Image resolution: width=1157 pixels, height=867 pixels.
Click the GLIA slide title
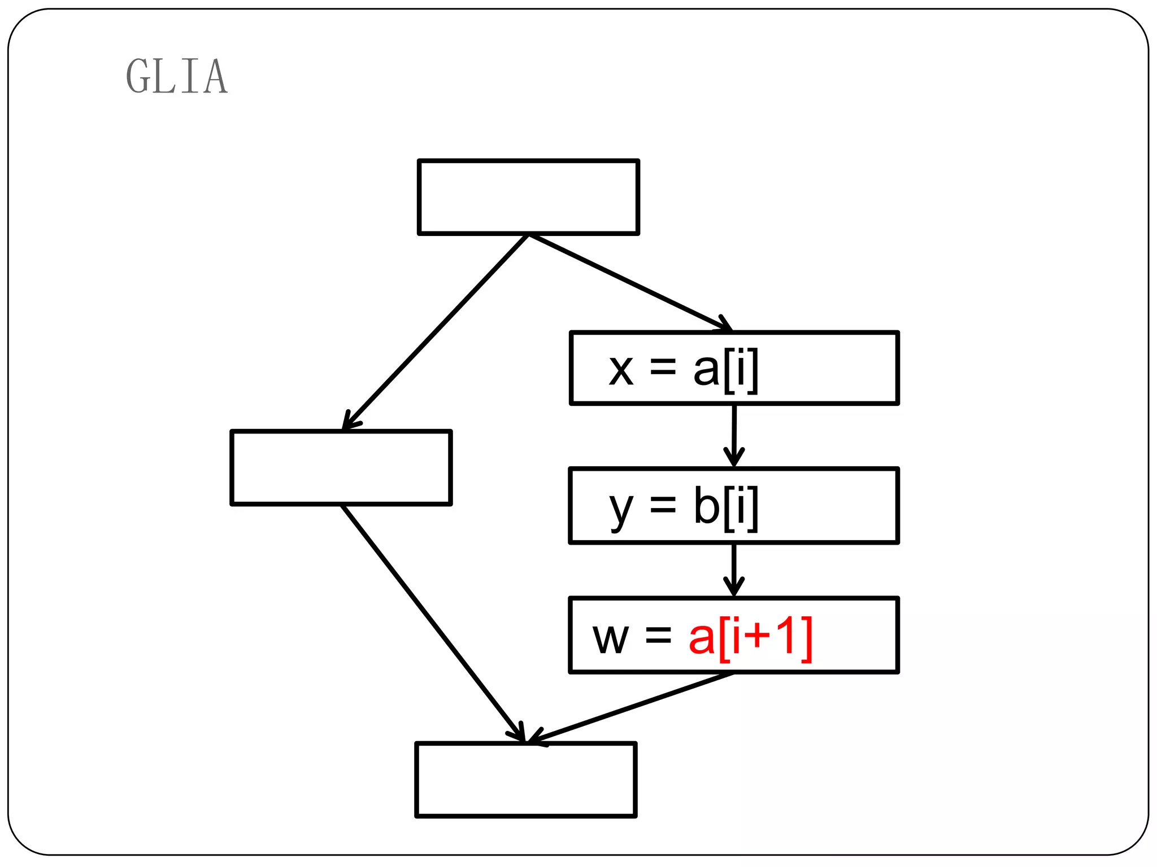177,76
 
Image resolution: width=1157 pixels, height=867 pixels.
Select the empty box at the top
528,196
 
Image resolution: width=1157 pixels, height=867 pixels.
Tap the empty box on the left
341,467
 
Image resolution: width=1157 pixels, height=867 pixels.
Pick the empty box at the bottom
526,780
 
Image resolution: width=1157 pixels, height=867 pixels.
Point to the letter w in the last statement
610,638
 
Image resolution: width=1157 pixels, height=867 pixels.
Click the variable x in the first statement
621,370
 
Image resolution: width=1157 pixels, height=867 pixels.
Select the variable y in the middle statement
621,507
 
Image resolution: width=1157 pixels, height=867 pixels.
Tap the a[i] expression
725,369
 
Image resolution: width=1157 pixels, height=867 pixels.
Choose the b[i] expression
725,506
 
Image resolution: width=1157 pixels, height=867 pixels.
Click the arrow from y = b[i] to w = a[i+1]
734,570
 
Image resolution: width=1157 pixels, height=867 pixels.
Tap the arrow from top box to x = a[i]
630,282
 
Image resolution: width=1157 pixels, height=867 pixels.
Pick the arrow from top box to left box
435,332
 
